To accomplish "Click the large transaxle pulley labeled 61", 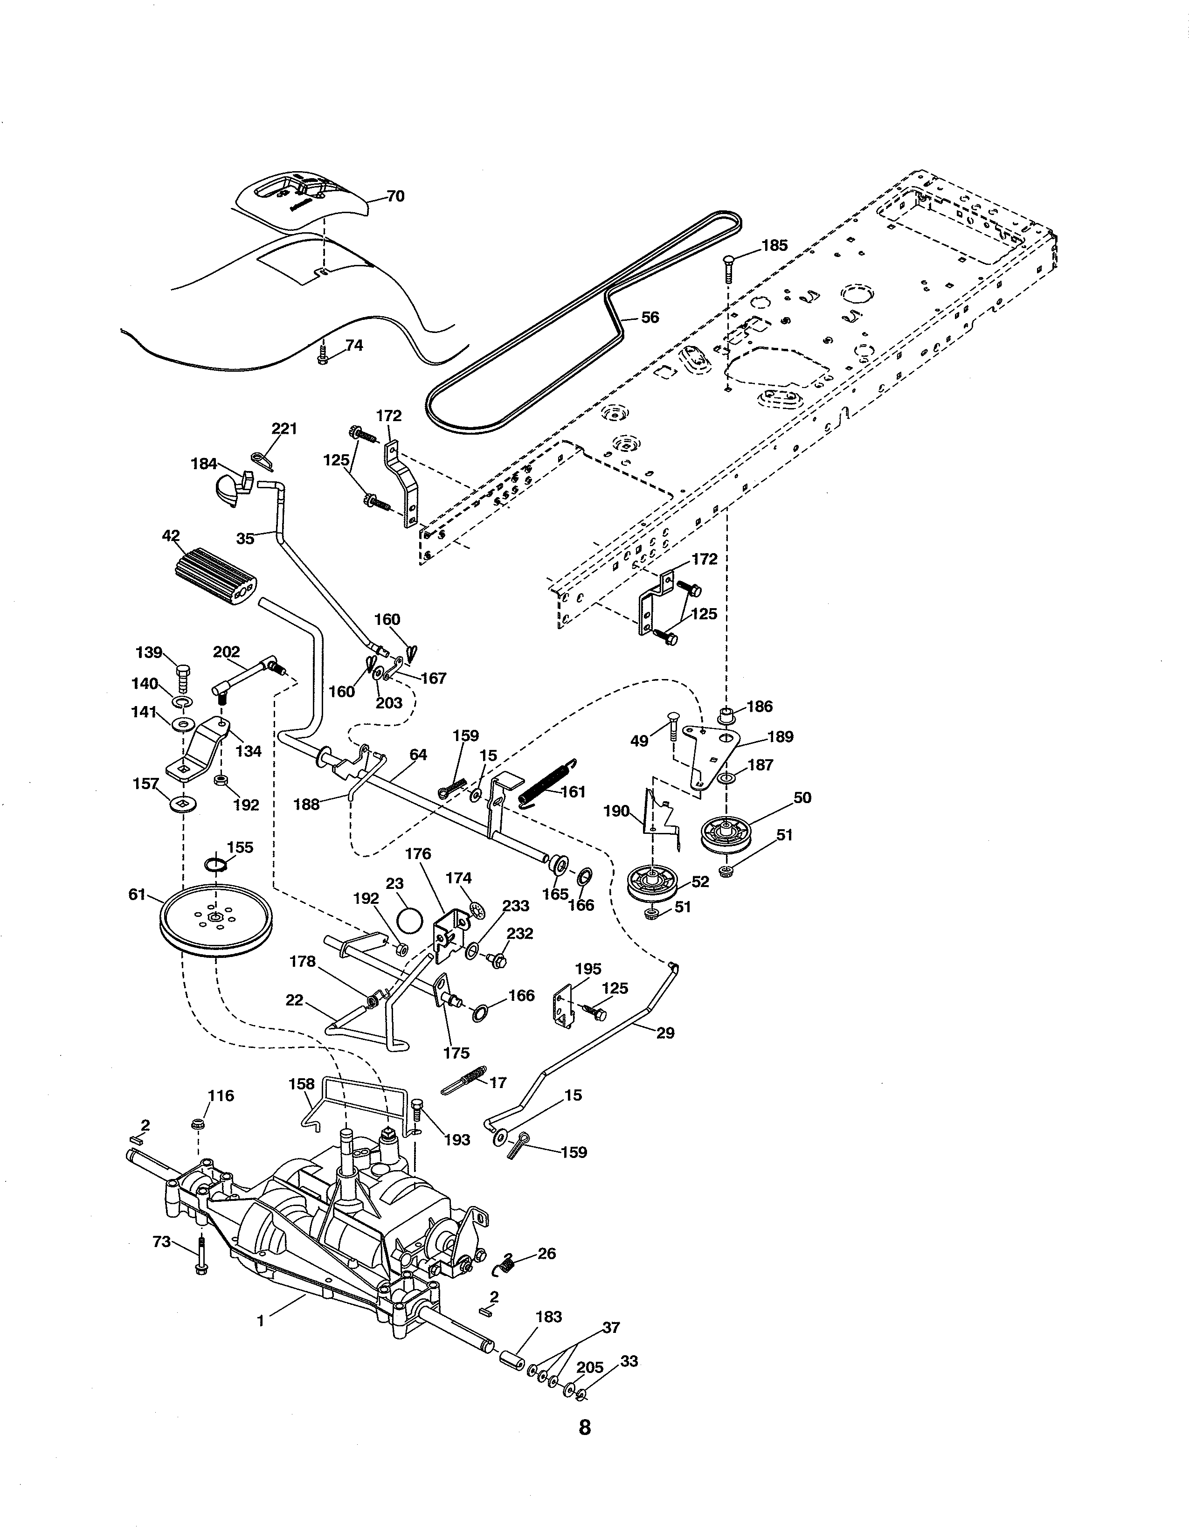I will pos(215,920).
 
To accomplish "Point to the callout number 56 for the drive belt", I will pos(650,318).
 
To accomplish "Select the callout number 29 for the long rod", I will pos(664,1033).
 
